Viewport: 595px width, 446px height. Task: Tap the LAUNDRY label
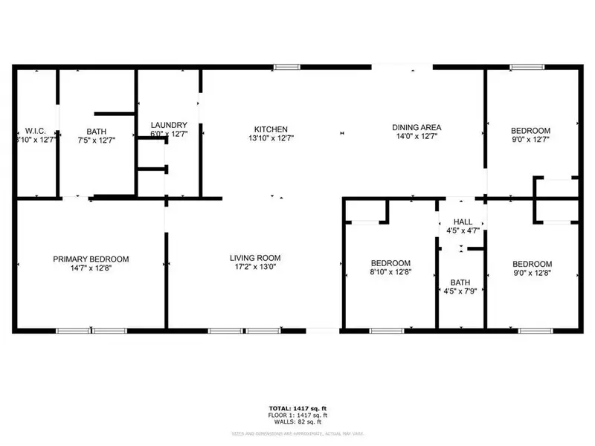point(169,125)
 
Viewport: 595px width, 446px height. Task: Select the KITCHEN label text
point(270,129)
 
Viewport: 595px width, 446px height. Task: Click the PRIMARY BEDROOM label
point(91,259)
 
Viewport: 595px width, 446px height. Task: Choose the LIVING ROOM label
point(254,258)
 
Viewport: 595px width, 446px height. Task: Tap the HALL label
point(463,222)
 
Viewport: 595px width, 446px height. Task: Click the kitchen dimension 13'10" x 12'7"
point(270,138)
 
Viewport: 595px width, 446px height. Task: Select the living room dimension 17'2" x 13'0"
point(254,268)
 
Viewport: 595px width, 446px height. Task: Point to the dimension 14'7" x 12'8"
point(91,268)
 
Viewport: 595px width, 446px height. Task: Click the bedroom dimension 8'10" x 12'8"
point(390,273)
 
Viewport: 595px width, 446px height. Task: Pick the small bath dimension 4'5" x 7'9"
point(460,292)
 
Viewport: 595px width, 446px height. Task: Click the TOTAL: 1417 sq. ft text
point(297,408)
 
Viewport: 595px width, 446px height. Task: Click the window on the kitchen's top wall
point(283,68)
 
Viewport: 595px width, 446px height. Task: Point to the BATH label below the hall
point(460,283)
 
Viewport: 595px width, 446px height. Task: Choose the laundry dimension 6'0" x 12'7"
point(169,135)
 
